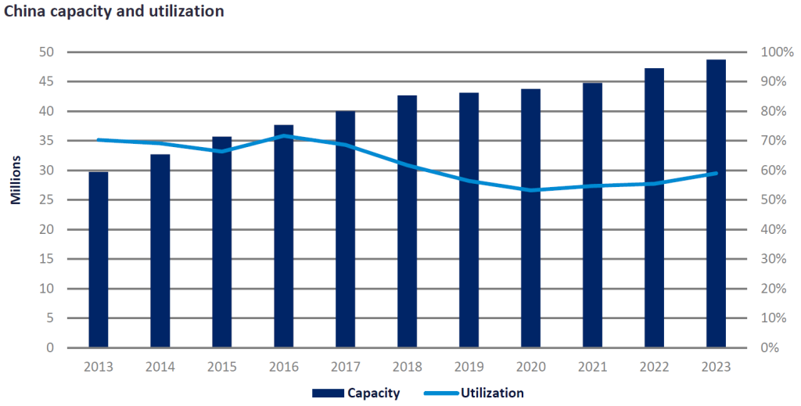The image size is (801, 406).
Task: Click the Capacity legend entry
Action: click(356, 393)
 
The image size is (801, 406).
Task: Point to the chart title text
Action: click(114, 12)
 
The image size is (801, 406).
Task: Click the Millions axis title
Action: click(16, 181)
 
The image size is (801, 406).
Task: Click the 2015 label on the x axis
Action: click(222, 365)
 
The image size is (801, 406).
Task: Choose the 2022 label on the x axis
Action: click(654, 365)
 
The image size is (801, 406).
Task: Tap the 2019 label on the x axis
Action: click(469, 365)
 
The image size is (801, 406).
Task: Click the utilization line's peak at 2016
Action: click(284, 136)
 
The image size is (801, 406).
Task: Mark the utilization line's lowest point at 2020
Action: click(531, 190)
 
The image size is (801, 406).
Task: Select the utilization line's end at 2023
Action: click(716, 173)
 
